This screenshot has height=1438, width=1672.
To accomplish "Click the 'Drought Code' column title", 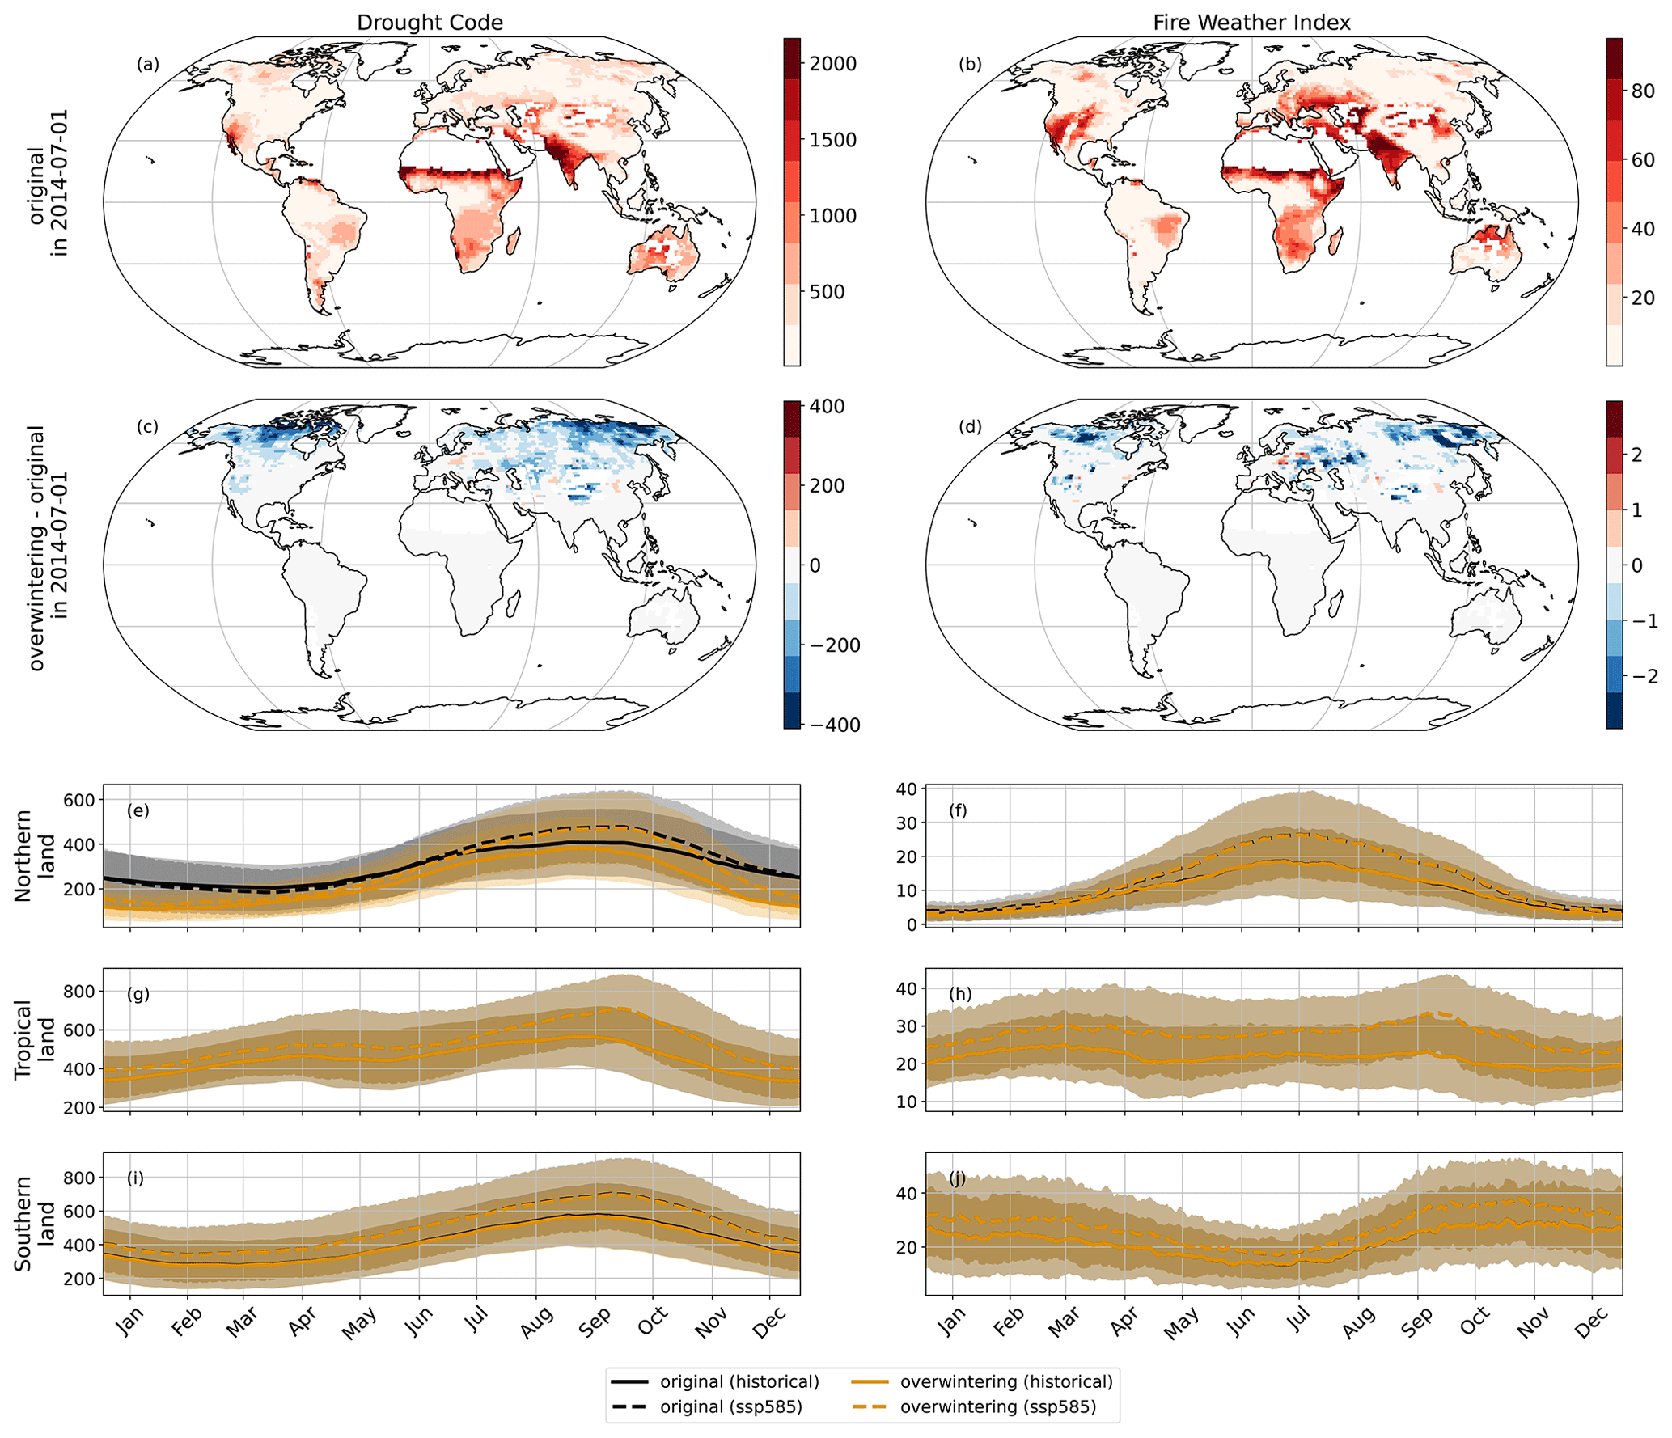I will (x=430, y=23).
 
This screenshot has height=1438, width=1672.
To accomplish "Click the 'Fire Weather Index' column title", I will (x=1251, y=23).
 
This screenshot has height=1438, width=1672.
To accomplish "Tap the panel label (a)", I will (x=147, y=65).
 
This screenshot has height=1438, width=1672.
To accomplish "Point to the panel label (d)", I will (x=970, y=427).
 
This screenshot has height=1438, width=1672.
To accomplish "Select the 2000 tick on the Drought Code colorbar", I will (x=833, y=64).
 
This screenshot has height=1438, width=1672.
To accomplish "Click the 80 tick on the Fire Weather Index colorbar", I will (x=1643, y=91).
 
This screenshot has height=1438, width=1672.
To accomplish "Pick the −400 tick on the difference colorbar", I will (x=833, y=725).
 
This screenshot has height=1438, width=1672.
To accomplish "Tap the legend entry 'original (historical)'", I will (x=739, y=1381).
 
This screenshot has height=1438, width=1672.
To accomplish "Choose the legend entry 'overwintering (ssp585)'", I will (x=998, y=1406).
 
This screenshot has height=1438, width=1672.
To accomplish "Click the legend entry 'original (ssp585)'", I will (x=731, y=1406).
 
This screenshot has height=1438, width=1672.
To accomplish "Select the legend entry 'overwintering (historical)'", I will (x=1006, y=1381).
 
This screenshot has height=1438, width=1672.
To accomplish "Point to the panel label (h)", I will (x=961, y=994).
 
